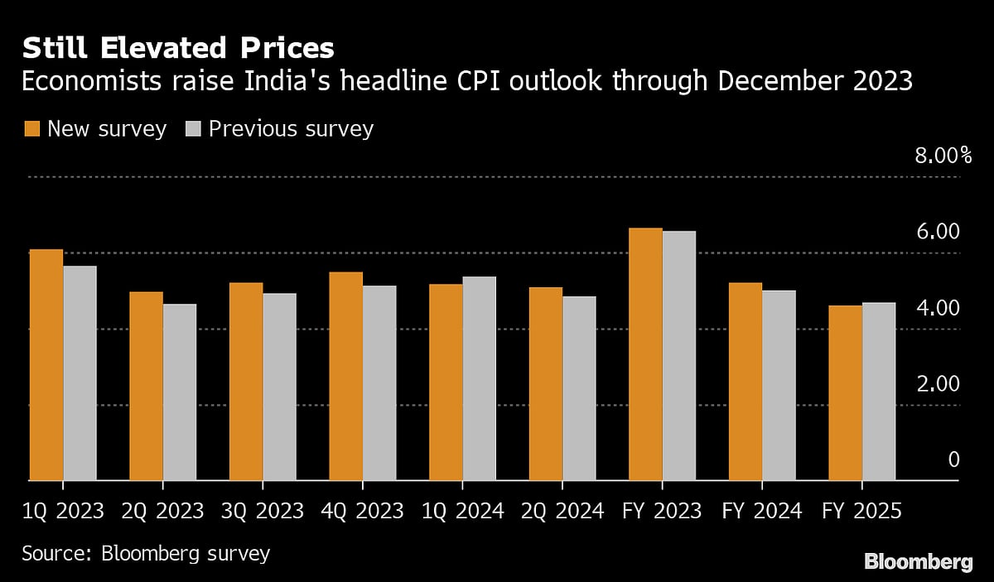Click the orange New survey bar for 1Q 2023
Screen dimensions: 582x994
tap(46, 364)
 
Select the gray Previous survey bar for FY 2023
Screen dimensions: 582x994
tap(679, 355)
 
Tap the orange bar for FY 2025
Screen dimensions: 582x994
tap(845, 393)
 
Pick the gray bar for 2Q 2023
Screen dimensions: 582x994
tap(180, 392)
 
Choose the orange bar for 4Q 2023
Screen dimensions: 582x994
tap(345, 376)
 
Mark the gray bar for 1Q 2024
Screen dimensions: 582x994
tap(479, 378)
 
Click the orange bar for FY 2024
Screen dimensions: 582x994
tap(745, 382)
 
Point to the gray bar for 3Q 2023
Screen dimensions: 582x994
tap(279, 387)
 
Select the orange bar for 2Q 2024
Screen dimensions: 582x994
tap(546, 383)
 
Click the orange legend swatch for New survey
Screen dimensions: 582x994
tap(32, 129)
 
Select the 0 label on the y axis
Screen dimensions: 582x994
tap(953, 460)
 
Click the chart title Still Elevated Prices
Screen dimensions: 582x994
tap(178, 49)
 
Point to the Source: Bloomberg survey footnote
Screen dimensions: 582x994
tap(146, 552)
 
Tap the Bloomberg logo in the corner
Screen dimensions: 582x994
tap(918, 562)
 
